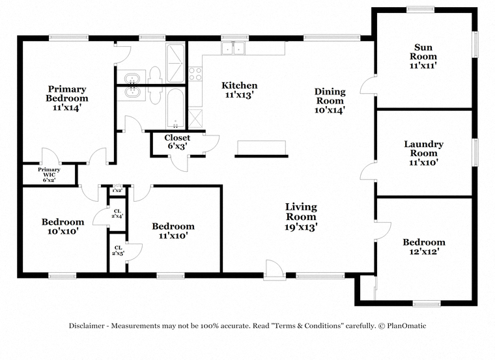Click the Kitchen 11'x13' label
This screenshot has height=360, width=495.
[x=239, y=90]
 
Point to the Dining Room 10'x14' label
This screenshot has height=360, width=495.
[x=330, y=101]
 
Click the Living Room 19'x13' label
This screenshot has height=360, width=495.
[x=301, y=216]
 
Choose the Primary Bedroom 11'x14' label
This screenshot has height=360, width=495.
[x=66, y=98]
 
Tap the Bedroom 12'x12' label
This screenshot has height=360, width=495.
[x=423, y=247]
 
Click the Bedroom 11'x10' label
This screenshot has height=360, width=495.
[x=173, y=230]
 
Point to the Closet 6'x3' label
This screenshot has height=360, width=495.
[x=177, y=142]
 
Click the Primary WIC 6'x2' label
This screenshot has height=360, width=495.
[x=49, y=174]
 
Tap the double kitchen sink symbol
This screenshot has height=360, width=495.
[x=233, y=48]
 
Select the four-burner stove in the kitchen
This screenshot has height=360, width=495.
[x=195, y=74]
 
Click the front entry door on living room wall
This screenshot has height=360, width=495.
[x=274, y=269]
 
